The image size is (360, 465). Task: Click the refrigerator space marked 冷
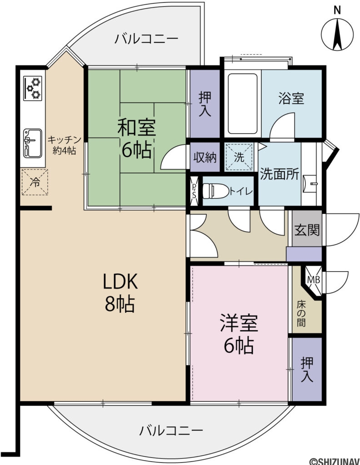coord(35,182)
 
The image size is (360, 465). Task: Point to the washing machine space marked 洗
coord(240,157)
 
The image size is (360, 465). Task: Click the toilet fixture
coord(215,191)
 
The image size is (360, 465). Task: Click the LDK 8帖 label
coord(120,292)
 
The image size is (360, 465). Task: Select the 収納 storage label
coord(205,158)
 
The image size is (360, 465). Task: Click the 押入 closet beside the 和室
coord(205,104)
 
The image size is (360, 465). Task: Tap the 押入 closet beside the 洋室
coord(307,370)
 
